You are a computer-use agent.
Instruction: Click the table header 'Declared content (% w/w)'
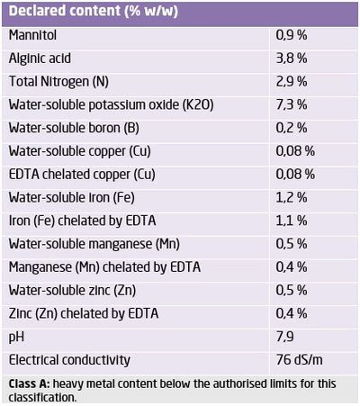click(x=94, y=12)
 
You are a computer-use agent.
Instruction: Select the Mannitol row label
click(x=32, y=35)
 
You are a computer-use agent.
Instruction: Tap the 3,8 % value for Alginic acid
click(x=292, y=59)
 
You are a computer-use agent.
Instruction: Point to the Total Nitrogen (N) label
click(x=58, y=82)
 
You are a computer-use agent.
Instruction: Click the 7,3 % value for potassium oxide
click(x=292, y=104)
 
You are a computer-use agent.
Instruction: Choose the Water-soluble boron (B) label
click(x=74, y=128)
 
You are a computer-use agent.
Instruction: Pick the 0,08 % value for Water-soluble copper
click(x=295, y=151)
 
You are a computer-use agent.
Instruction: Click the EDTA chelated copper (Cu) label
click(x=82, y=175)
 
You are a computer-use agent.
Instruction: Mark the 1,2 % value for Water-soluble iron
click(x=292, y=197)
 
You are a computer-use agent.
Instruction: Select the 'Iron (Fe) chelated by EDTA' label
click(x=82, y=221)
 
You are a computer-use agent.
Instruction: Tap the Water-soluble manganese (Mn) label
click(x=94, y=244)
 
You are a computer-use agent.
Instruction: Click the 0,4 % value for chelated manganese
click(x=292, y=267)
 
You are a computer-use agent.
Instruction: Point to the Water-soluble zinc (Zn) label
click(x=72, y=291)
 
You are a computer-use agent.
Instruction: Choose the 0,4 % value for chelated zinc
click(x=292, y=313)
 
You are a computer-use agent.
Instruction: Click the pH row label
click(x=16, y=338)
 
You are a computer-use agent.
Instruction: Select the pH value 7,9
click(x=285, y=337)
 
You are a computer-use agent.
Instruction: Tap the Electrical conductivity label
click(x=69, y=360)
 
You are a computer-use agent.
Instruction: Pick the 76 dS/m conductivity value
click(x=299, y=360)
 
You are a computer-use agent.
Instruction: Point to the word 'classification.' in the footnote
click(x=42, y=398)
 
